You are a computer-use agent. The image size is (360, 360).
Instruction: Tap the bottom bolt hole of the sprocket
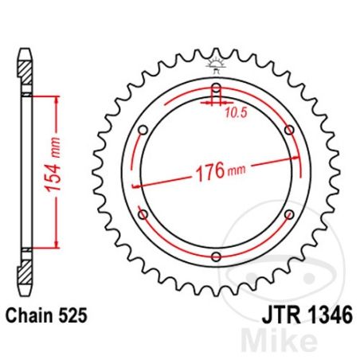coord(216,256)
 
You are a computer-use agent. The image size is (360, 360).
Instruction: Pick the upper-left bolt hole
coord(143,129)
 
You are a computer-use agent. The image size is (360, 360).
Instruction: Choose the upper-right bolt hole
coord(288,129)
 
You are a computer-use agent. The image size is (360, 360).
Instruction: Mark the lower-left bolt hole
coord(143,213)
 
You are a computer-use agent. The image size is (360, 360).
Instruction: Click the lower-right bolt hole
coord(288,213)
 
